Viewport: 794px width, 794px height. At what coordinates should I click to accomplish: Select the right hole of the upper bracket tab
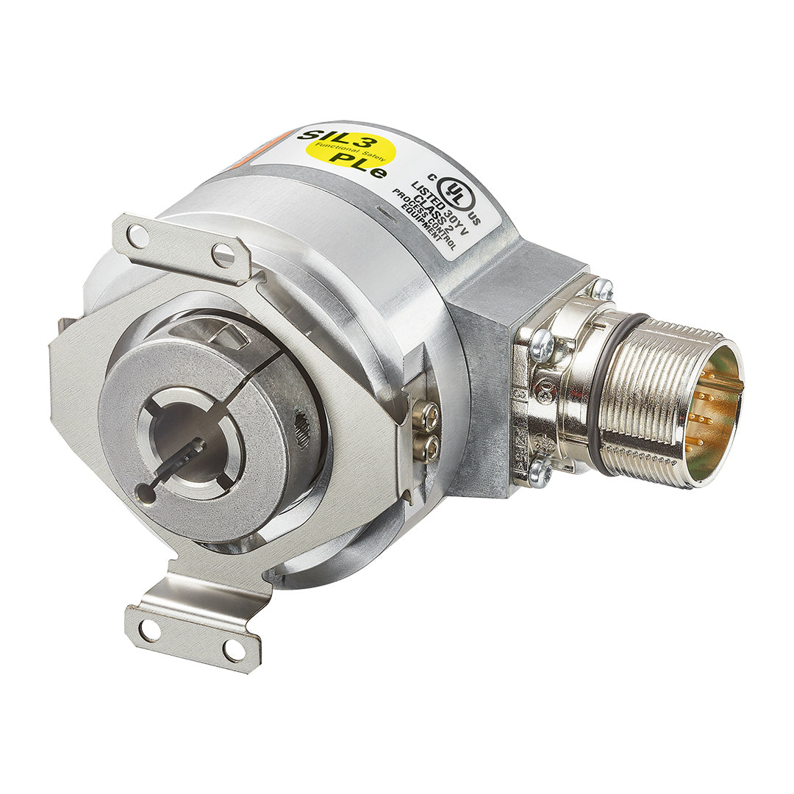[223, 255]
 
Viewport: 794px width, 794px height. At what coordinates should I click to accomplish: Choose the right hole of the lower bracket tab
[233, 650]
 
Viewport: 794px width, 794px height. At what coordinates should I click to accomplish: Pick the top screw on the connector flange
[601, 288]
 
